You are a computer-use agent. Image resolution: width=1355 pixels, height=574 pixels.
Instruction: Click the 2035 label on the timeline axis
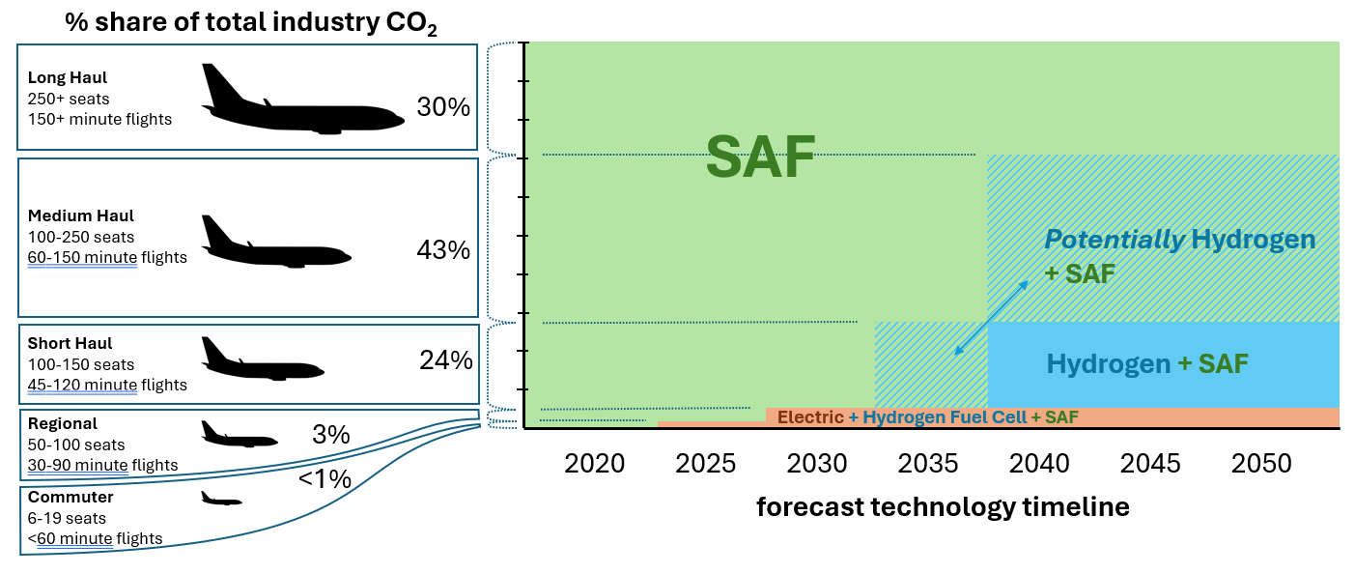click(928, 464)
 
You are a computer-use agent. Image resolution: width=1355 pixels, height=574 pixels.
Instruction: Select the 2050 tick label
click(1261, 464)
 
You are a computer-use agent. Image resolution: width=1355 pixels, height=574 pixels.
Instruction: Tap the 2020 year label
click(595, 464)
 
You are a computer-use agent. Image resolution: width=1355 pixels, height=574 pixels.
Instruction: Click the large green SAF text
click(761, 156)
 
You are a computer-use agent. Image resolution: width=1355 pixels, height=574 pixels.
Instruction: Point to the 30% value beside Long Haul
click(443, 107)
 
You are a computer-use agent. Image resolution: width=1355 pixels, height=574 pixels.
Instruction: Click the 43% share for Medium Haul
click(443, 250)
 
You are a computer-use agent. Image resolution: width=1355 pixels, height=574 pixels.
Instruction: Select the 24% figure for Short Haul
click(446, 360)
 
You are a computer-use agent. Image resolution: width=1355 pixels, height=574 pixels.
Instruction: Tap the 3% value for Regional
click(330, 435)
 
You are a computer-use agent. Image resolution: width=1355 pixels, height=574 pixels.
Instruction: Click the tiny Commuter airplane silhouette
click(221, 500)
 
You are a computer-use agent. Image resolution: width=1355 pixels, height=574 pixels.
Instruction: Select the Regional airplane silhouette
click(238, 435)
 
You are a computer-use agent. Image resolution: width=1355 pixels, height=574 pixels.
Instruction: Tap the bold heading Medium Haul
click(81, 215)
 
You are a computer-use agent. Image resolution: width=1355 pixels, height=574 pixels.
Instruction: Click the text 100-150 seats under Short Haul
click(81, 364)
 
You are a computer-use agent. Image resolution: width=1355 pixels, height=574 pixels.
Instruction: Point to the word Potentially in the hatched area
click(1114, 240)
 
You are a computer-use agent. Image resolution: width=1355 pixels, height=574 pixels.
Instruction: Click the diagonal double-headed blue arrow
click(989, 317)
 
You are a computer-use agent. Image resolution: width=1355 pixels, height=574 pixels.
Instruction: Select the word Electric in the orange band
click(810, 417)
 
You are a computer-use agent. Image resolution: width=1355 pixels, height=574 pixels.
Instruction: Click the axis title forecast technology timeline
click(942, 506)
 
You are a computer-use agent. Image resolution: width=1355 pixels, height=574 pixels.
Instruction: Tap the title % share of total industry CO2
click(251, 23)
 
